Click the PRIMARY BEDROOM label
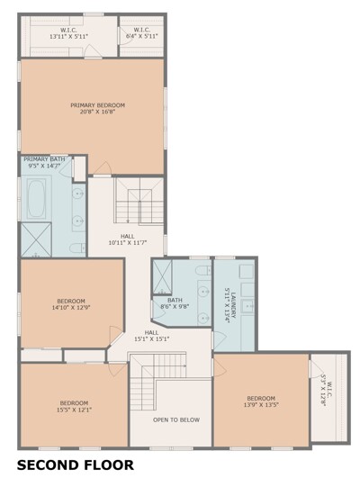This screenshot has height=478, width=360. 97,105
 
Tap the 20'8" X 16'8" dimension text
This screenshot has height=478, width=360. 97,112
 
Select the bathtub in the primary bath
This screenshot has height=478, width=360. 36,199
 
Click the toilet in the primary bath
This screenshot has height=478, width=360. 77,248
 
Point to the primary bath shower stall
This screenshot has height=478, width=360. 36,239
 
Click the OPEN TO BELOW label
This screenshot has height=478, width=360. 176,419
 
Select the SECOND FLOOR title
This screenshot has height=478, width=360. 76,465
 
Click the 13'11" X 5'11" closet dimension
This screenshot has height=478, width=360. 69,36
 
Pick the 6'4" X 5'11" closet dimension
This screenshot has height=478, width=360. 142,36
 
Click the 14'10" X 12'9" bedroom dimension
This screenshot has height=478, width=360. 71,307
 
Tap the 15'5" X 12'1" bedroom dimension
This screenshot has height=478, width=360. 74,410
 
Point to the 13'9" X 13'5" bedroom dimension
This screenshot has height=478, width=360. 261,405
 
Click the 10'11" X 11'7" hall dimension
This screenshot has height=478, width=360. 128,243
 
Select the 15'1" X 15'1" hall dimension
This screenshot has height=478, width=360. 152,338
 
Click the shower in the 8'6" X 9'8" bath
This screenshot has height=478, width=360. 162,276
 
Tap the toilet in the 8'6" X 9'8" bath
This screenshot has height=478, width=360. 203,270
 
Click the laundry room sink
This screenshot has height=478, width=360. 247,306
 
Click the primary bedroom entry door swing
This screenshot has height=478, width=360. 103,168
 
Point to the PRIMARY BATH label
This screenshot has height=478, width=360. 44,159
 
